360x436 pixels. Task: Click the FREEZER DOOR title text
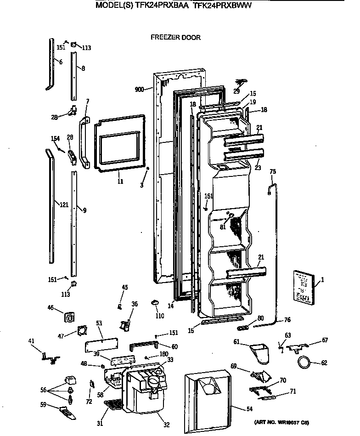click(x=175, y=37)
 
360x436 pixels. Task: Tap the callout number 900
click(x=140, y=90)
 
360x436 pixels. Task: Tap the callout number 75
click(x=272, y=171)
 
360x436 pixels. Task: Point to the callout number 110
click(x=159, y=316)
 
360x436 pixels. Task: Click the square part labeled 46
click(x=69, y=317)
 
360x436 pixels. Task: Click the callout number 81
click(x=222, y=226)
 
